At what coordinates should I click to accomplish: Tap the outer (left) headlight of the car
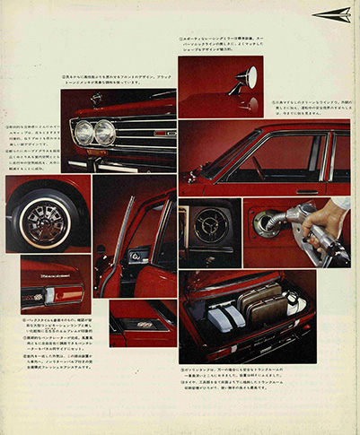click(x=85, y=132)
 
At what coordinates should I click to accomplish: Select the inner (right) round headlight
click(x=105, y=132)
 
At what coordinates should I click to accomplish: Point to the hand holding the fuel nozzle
click(x=332, y=215)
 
